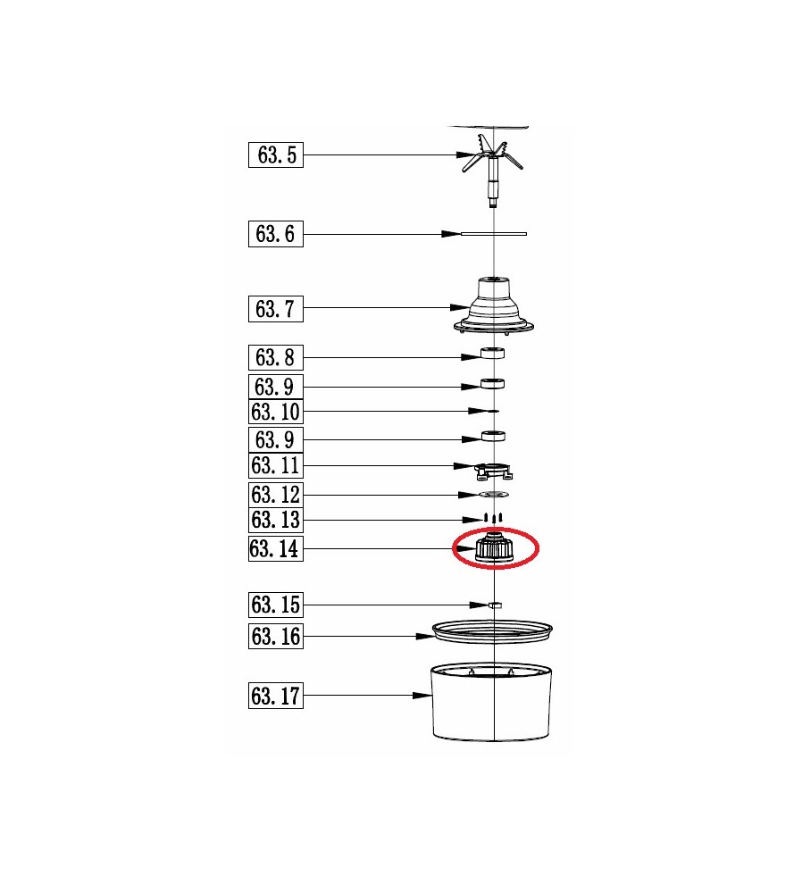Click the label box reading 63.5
click(x=276, y=154)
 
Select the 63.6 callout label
click(x=276, y=234)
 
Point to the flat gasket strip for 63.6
click(x=493, y=233)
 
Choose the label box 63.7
click(x=276, y=309)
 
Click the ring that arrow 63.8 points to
click(x=493, y=354)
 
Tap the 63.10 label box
click(x=276, y=411)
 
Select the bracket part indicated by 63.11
click(x=493, y=471)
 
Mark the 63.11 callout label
click(x=276, y=465)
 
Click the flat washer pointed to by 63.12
click(x=493, y=494)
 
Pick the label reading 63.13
click(x=276, y=520)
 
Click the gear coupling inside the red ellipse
click(x=495, y=549)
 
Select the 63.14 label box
click(x=276, y=548)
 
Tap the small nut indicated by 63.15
click(x=495, y=605)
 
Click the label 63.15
click(x=276, y=605)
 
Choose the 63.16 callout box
click(x=276, y=636)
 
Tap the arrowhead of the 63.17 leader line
click(x=422, y=696)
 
